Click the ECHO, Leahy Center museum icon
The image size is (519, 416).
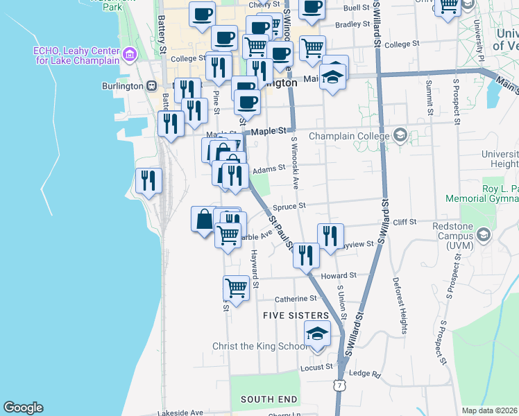128,54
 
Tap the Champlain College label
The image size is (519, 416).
349,135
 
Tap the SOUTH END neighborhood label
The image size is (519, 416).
269,399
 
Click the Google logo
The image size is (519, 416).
23,408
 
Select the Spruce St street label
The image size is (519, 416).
292,206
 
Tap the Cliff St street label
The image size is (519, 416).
404,222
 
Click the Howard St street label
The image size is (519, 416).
339,275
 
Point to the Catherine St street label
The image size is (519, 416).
296,298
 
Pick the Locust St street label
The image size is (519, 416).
316,367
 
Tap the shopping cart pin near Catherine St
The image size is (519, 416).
237,288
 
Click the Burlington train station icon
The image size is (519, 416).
151,86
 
